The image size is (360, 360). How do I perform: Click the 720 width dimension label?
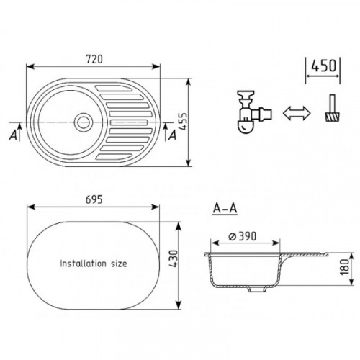tap(94, 59)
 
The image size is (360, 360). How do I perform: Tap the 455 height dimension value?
tap(183, 122)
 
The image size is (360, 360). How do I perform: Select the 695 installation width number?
tap(94, 199)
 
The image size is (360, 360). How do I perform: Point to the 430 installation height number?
tap(174, 259)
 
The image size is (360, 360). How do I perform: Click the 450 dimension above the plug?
tap(323, 66)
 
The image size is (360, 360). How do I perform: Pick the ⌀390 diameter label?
tap(242, 236)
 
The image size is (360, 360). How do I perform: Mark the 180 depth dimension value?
tap(345, 267)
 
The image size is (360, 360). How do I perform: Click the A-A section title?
tap(225, 208)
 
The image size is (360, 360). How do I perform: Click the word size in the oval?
tap(119, 264)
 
